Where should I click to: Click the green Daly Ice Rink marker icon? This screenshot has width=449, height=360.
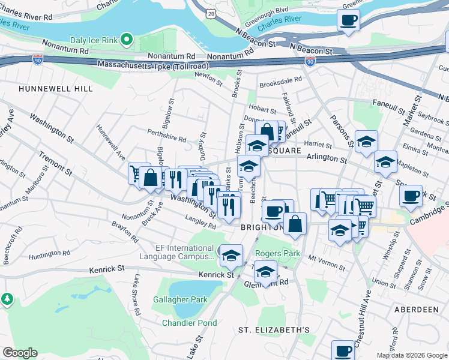pos(126,40)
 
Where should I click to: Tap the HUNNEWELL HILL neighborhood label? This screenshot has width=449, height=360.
pos(56,88)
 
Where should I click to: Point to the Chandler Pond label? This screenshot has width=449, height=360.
pos(190,323)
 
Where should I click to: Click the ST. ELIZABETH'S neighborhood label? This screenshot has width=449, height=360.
pos(274,330)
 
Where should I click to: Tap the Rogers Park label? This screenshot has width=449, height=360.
pos(278,253)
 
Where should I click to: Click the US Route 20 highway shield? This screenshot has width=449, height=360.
pos(209,13)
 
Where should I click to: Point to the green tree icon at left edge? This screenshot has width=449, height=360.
pos(6,298)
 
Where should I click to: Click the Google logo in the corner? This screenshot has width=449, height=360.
pos(20,352)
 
